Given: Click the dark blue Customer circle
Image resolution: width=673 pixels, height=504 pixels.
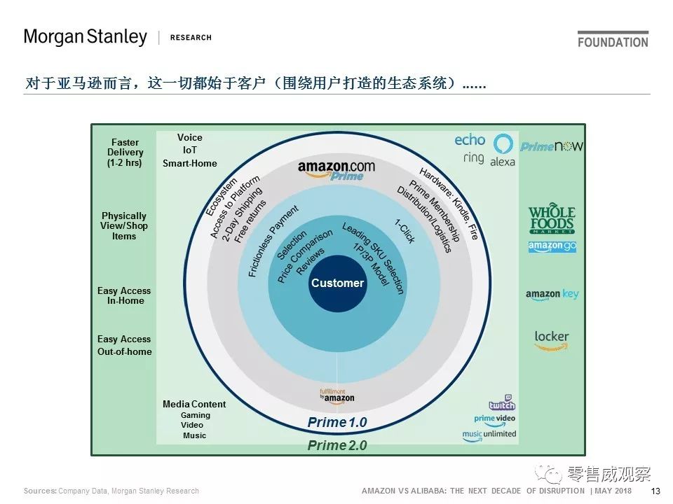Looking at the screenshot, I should coord(337,283).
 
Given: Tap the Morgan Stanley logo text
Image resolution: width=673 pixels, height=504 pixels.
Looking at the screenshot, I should coord(86,37).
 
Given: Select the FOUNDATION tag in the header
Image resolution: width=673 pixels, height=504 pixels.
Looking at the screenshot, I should coord(613,41).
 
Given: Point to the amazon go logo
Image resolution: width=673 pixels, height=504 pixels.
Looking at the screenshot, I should coord(552,247).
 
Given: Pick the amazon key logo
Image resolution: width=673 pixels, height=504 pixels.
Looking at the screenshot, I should coord(552,295).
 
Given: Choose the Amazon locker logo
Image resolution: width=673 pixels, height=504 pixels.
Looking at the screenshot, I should coord(551,339).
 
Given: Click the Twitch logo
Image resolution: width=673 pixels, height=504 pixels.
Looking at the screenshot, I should coord(502,404).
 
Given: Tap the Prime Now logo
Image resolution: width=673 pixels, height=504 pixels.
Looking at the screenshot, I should coord(552,146).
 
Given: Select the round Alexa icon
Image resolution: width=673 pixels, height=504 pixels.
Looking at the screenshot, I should coord(503,144).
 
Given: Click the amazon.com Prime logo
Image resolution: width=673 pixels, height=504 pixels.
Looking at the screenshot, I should coord(336,170).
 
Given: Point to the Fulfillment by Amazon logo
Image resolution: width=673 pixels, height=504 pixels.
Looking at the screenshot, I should coord(336,395).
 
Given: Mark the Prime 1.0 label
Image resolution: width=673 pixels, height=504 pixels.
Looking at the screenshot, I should coord(337,423).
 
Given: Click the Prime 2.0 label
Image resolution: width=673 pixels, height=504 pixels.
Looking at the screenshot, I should coord(337,446).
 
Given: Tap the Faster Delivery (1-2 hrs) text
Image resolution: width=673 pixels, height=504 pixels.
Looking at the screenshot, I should coord(125,153).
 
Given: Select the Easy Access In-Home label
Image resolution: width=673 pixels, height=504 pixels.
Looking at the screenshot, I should coord(124,295).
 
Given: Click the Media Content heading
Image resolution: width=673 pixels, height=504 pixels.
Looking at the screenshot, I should coord(194,404).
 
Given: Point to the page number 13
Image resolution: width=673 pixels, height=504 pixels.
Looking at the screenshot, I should coord(656,491).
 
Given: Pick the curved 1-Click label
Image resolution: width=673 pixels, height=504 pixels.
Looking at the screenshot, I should coord(405,232).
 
